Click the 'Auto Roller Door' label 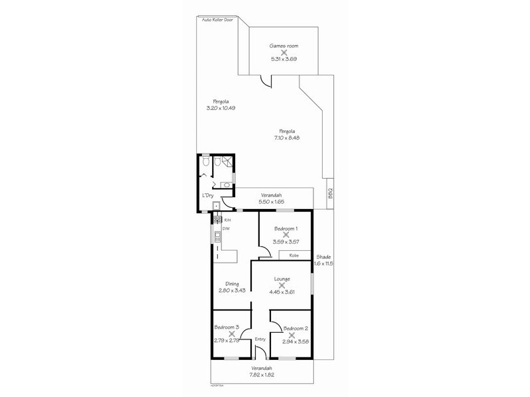(218, 20)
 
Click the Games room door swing (266, 81)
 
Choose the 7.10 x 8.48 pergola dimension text (287, 138)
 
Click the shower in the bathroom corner (227, 161)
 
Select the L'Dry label (207, 196)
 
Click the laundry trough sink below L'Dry (207, 206)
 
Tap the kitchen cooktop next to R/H (217, 220)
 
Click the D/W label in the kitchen (226, 229)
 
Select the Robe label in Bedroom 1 (293, 255)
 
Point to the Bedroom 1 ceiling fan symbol (286, 234)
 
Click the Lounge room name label (282, 279)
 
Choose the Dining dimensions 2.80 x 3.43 (232, 290)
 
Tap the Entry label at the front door (260, 339)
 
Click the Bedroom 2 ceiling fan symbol (291, 335)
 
